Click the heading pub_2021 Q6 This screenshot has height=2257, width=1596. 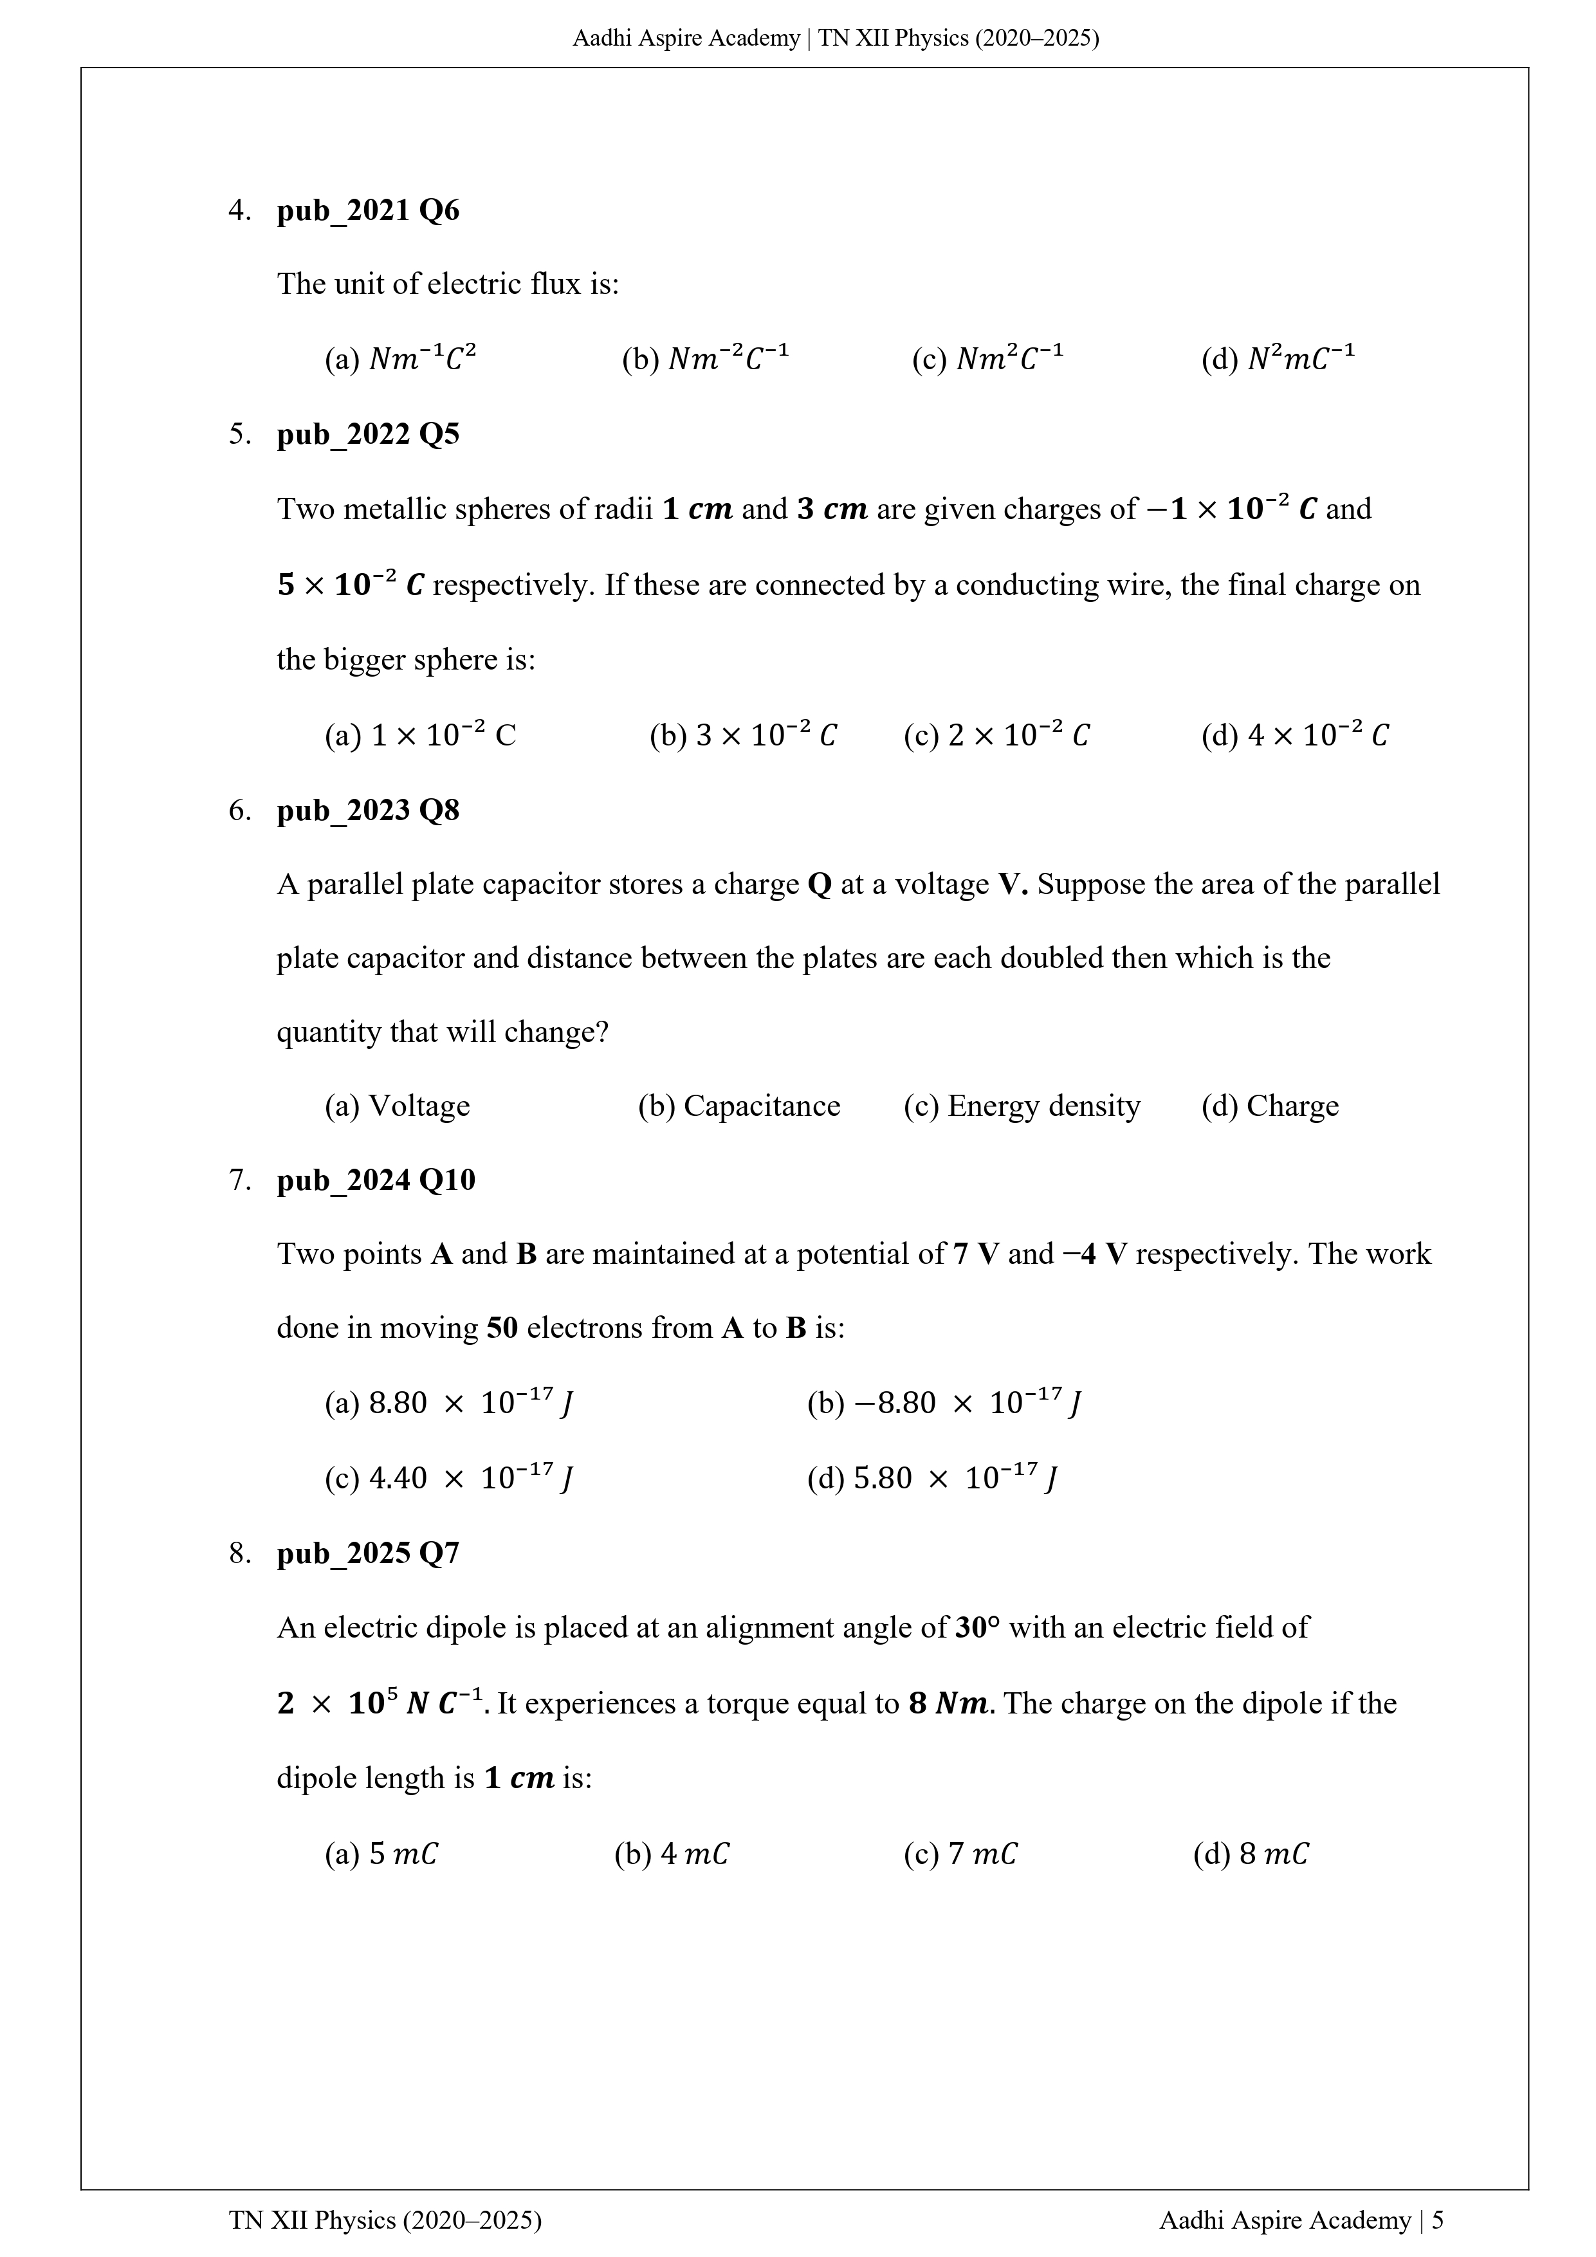(368, 210)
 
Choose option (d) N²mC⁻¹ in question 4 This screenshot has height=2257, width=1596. (1278, 360)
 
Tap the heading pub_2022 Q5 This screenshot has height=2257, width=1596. (368, 435)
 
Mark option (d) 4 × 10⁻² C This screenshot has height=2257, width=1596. (1294, 735)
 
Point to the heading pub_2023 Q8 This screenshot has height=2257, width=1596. (368, 811)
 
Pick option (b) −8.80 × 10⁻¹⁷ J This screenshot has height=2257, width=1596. (944, 1403)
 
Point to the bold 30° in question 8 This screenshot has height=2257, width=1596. (977, 1628)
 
